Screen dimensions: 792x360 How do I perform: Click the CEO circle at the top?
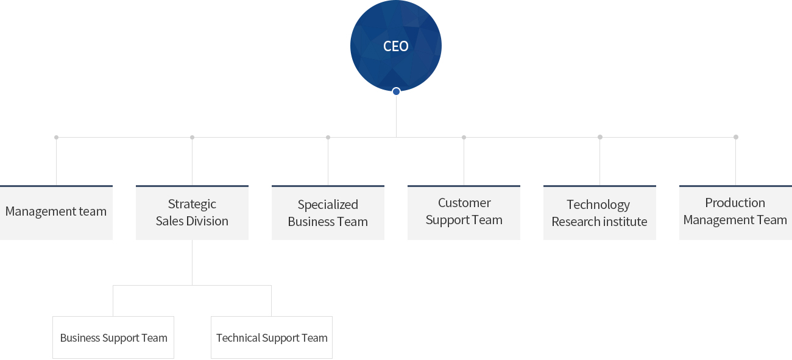coord(396,46)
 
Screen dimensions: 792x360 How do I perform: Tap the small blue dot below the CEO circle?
coord(396,91)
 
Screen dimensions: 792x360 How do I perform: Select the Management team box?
coord(56,213)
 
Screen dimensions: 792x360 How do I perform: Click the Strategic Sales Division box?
coord(192,213)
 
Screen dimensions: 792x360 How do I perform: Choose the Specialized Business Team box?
coord(328,213)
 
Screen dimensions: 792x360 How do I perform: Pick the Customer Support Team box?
coord(464,213)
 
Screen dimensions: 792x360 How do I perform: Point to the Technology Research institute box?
coord(599,213)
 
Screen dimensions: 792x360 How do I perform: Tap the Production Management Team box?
coord(735,213)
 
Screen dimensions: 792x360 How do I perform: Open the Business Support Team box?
coord(113,337)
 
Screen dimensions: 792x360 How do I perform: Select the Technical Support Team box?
coord(272,337)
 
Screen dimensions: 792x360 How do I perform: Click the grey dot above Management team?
coord(56,137)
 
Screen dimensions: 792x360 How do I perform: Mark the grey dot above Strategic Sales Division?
coord(192,137)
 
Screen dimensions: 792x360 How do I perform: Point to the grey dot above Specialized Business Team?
coord(328,137)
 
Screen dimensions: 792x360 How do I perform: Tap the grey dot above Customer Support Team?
coord(464,137)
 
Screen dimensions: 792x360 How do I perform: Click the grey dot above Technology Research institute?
coord(600,137)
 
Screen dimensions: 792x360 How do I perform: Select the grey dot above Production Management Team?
coord(736,137)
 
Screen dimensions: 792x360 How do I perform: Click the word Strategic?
coord(192,205)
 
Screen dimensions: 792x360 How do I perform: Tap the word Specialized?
coord(328,205)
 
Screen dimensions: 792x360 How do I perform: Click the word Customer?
coord(464,203)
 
